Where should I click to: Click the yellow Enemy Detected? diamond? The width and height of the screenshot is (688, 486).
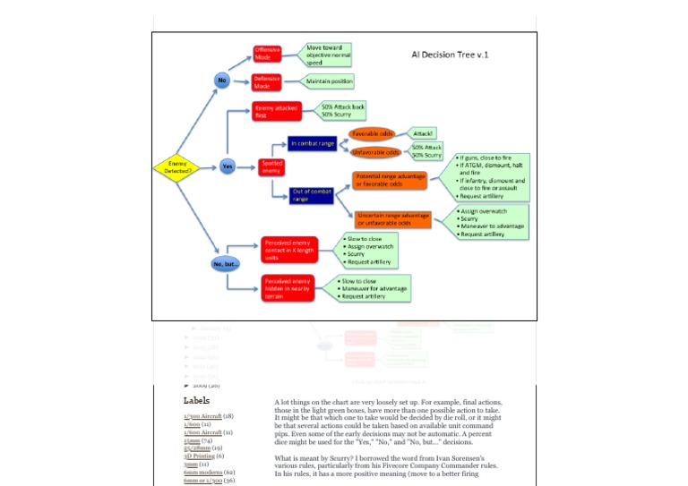coord(174,166)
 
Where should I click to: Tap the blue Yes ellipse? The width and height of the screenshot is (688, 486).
coord(227,166)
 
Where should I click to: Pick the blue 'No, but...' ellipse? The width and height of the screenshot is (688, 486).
coord(227,264)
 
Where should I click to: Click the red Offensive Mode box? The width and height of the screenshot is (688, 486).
coord(267,53)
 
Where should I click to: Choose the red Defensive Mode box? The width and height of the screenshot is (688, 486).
coord(267,81)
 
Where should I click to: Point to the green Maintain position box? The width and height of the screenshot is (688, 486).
coord(329,81)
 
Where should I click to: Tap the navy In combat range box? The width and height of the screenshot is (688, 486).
coord(311,141)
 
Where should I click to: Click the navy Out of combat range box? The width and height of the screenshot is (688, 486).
coord(311,193)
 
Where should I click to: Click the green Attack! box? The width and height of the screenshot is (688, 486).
coord(423,133)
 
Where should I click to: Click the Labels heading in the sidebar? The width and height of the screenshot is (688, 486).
coord(196,401)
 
